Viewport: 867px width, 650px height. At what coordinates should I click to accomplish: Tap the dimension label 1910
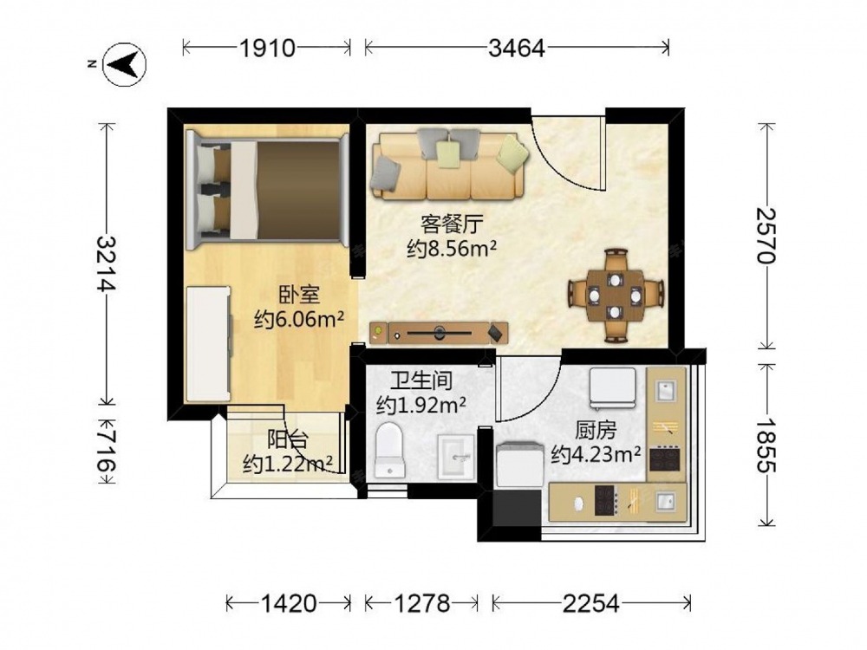click(267, 49)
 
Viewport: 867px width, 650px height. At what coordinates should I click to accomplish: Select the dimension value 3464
click(517, 49)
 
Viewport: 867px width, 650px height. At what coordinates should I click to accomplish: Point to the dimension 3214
click(106, 263)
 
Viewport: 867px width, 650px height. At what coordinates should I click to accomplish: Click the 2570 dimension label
click(767, 236)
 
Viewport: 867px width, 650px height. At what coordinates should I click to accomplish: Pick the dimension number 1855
click(767, 445)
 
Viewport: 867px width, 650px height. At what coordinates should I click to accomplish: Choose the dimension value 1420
click(289, 603)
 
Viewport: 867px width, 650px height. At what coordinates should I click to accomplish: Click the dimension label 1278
click(421, 603)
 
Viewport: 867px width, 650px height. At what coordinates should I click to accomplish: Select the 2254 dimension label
click(591, 603)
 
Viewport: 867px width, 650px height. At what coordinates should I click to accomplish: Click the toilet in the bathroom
click(390, 450)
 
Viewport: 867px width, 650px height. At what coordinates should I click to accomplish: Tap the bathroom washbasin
click(456, 457)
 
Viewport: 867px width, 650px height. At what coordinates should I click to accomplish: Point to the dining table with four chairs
click(616, 296)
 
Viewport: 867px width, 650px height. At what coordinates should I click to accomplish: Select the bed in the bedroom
click(267, 188)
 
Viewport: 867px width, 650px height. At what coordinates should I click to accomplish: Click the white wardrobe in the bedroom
click(208, 343)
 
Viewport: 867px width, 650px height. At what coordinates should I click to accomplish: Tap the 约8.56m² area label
click(452, 249)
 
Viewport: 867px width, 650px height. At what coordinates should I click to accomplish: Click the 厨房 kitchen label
click(596, 430)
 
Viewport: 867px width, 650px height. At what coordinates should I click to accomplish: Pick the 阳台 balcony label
click(288, 440)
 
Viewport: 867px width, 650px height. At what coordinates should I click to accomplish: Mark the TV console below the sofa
click(439, 333)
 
